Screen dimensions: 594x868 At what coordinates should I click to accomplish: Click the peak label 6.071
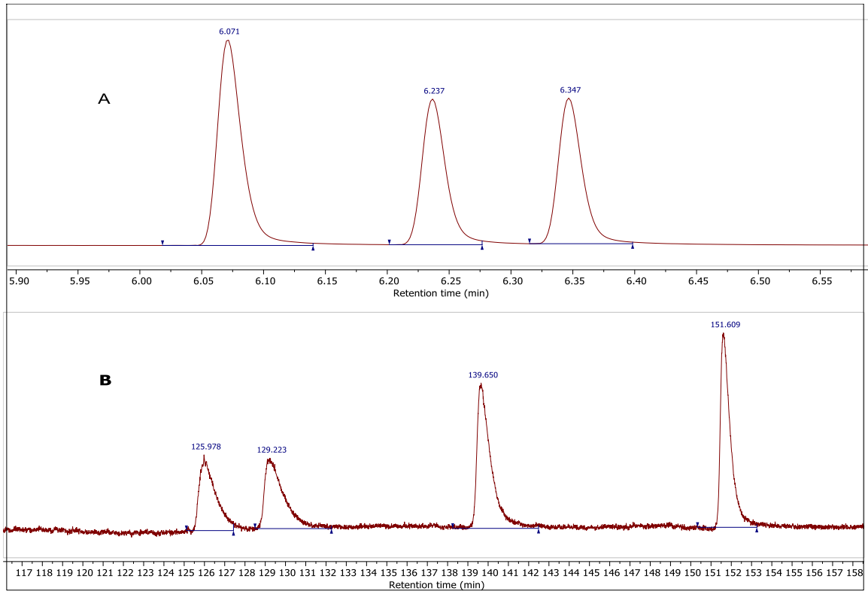click(229, 32)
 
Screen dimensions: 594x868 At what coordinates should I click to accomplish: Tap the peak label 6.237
click(434, 91)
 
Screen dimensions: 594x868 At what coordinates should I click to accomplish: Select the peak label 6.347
click(570, 90)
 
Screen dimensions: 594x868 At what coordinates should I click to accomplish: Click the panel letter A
click(104, 98)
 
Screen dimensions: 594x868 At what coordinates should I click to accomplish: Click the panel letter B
click(105, 380)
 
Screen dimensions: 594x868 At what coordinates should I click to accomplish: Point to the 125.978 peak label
click(206, 447)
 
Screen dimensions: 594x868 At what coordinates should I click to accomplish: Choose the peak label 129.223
click(272, 450)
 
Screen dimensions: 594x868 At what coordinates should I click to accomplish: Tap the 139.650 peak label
click(483, 374)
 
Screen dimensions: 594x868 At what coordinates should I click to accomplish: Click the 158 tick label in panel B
click(854, 573)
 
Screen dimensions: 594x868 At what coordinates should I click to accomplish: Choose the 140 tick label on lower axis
click(490, 573)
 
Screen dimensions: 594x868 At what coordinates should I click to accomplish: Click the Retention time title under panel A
click(441, 293)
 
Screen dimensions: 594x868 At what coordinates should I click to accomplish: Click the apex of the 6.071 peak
click(227, 40)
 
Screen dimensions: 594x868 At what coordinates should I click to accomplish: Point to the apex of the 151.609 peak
click(723, 333)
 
